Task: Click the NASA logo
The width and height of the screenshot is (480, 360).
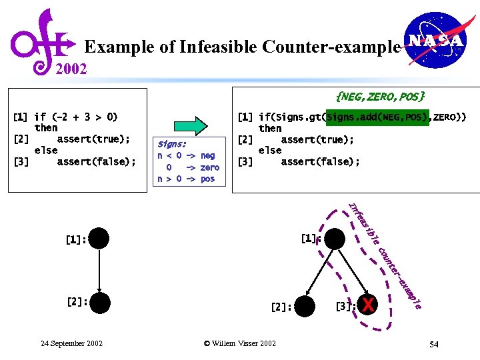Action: (x=435, y=41)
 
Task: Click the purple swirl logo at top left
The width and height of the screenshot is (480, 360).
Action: (x=41, y=40)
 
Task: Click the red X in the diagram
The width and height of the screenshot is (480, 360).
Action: (x=367, y=306)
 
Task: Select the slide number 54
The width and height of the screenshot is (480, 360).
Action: (x=433, y=344)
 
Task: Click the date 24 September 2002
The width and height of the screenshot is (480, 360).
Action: (x=71, y=343)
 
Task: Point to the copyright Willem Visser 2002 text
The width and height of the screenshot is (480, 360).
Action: (x=239, y=343)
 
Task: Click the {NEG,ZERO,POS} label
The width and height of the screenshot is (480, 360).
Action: (x=381, y=97)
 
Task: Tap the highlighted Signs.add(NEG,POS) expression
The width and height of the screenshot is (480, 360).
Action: (x=375, y=117)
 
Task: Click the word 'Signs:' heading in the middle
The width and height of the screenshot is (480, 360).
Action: (x=172, y=144)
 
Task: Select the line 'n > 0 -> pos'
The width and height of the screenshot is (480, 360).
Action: (x=186, y=179)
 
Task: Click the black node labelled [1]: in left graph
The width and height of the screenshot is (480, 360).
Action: (x=98, y=238)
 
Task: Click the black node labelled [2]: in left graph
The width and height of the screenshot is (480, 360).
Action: (x=98, y=302)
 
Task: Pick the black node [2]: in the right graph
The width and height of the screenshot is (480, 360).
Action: (x=304, y=307)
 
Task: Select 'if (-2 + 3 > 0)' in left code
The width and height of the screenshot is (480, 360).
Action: (x=75, y=117)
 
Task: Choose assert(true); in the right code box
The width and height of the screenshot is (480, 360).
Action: (x=317, y=139)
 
